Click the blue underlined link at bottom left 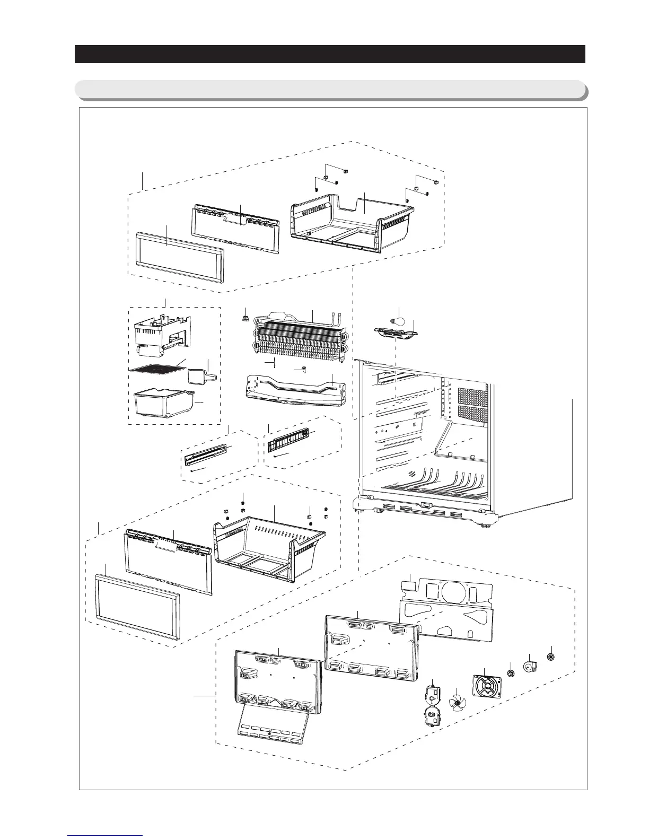106,835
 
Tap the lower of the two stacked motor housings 432,716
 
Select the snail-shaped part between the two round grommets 530,666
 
